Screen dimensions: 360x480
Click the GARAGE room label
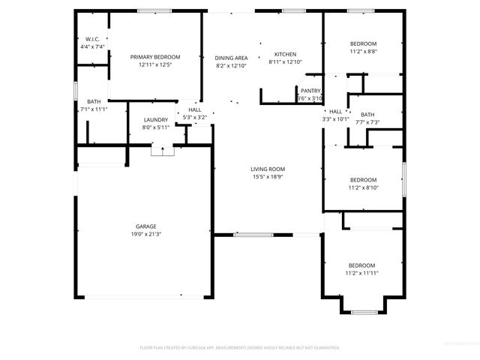(x=145, y=225)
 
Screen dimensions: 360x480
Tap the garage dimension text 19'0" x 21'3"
(x=145, y=234)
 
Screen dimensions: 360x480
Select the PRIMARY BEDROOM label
(x=155, y=57)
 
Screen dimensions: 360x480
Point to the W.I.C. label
(x=92, y=39)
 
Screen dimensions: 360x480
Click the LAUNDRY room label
(x=155, y=119)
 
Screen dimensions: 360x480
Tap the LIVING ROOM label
(x=268, y=169)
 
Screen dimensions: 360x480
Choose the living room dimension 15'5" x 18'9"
(x=268, y=178)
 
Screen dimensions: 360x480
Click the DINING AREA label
(x=231, y=58)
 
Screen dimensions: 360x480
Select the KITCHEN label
(x=285, y=54)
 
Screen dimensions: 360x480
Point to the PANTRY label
(x=310, y=90)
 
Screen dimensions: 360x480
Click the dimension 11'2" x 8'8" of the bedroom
(x=363, y=52)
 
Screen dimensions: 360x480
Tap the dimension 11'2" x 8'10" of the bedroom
(x=363, y=188)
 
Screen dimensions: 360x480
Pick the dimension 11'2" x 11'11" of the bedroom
(x=362, y=274)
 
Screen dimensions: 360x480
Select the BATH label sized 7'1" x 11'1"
(x=94, y=101)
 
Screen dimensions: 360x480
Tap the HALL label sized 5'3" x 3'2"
(x=194, y=109)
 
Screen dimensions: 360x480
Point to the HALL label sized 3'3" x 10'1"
(x=335, y=111)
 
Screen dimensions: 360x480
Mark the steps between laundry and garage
(x=159, y=151)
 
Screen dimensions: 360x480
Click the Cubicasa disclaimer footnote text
(x=240, y=348)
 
